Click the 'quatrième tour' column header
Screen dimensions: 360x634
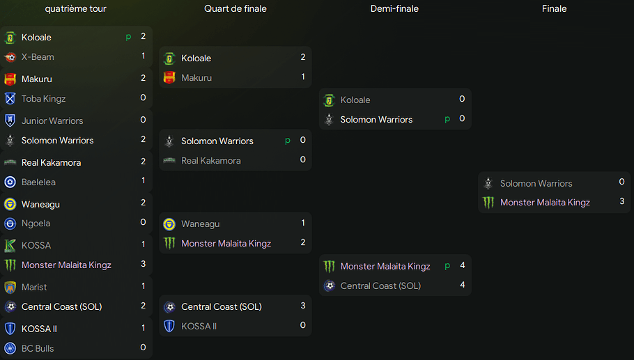[x=75, y=9]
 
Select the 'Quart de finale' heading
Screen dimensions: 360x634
[x=235, y=9]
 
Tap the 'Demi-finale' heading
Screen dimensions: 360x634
[x=394, y=9]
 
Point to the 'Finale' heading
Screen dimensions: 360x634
[x=555, y=9]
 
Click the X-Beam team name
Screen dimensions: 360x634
[x=38, y=57]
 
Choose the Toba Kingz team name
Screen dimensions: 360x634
[x=43, y=99]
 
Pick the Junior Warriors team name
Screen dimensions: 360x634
[x=52, y=121]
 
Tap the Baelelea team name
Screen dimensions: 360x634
[x=38, y=182]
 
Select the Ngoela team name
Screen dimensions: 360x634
[x=36, y=224]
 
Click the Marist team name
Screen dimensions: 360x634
[x=34, y=287]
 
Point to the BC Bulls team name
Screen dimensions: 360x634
[x=38, y=348]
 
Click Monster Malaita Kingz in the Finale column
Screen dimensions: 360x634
[x=545, y=203]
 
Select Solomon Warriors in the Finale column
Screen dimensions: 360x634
[x=536, y=184]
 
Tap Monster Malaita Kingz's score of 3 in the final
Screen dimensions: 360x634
[x=621, y=201]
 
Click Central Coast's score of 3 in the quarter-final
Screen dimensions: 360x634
[x=303, y=306]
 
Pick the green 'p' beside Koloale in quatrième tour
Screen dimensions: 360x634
[x=128, y=37]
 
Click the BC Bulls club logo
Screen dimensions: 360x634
[x=10, y=348]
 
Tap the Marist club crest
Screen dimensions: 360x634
[x=10, y=287]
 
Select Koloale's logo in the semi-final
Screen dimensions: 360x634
[x=330, y=100]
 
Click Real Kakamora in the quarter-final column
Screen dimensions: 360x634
[x=210, y=161]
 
